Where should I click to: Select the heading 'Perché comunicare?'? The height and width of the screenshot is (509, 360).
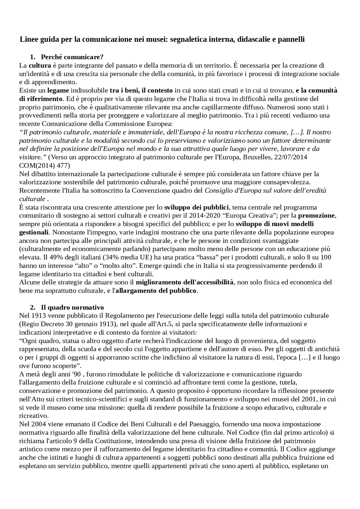click(72, 57)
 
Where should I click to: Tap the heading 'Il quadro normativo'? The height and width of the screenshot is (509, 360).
click(72, 307)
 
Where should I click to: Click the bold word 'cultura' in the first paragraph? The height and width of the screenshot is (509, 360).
click(40, 65)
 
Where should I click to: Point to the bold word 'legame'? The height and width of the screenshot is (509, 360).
click(58, 91)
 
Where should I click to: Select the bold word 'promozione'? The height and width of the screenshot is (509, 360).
click(317, 216)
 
